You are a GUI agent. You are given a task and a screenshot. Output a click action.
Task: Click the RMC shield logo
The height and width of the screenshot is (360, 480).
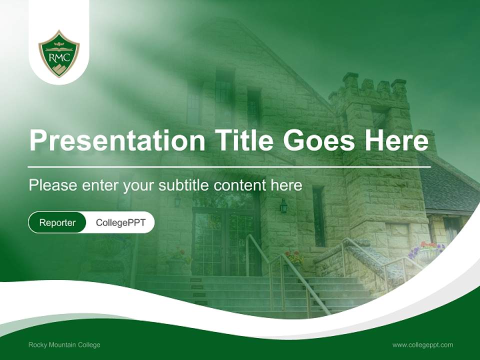click(x=59, y=53)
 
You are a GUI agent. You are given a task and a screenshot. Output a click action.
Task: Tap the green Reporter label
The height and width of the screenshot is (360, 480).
click(x=57, y=223)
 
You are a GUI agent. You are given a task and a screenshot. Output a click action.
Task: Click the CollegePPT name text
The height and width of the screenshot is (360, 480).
click(x=120, y=223)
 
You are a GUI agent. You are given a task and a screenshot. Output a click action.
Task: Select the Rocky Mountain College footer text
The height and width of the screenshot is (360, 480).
click(x=64, y=344)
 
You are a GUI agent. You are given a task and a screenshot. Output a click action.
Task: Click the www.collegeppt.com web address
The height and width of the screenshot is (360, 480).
click(x=422, y=344)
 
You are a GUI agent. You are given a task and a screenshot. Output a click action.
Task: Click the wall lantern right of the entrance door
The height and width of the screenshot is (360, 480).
click(x=283, y=205)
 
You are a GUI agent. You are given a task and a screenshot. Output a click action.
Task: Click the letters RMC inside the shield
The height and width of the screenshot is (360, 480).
click(x=59, y=57)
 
